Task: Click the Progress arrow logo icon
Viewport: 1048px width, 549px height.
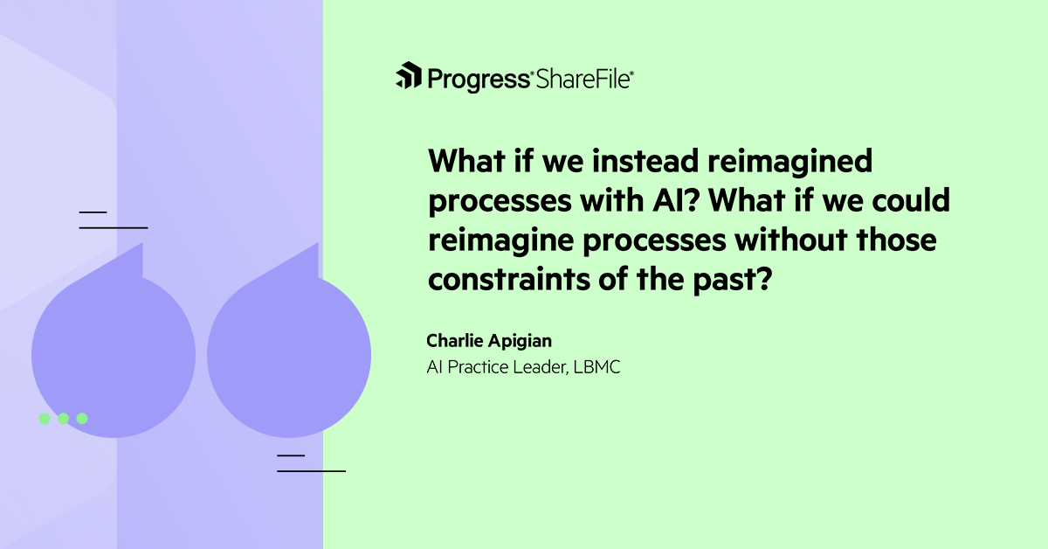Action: click(409, 77)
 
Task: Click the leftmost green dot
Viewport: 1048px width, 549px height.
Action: click(45, 419)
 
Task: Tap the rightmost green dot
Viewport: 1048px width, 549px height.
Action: click(82, 419)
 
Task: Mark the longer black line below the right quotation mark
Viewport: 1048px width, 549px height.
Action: click(312, 471)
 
